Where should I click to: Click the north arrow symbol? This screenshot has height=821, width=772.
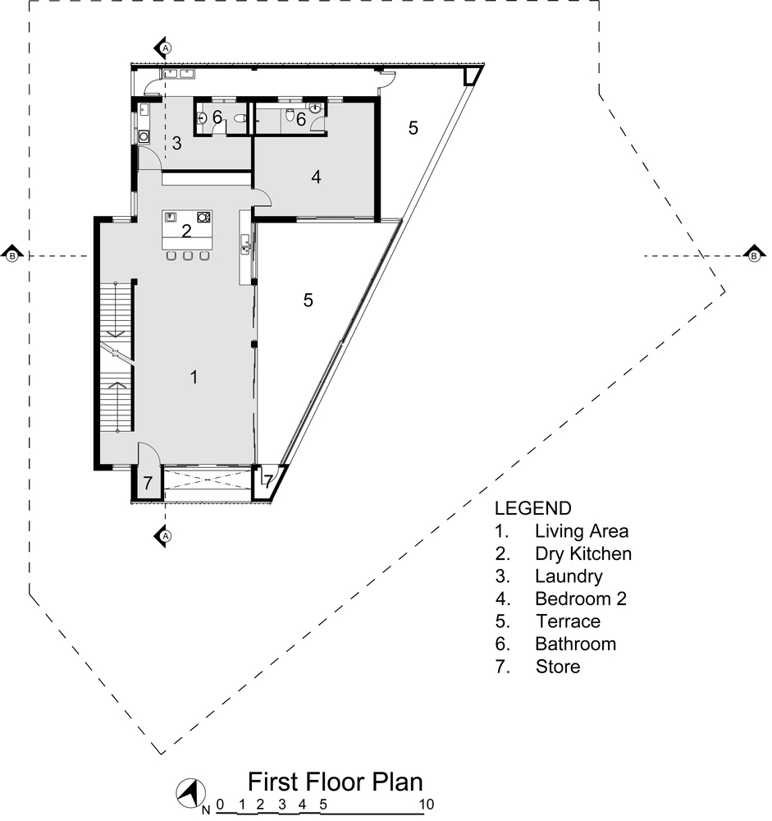pyautogui.click(x=190, y=793)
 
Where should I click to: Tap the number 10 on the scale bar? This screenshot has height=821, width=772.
pyautogui.click(x=425, y=805)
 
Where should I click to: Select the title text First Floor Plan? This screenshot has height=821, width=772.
pyautogui.click(x=336, y=780)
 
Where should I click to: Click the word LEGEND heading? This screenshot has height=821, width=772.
pyautogui.click(x=532, y=507)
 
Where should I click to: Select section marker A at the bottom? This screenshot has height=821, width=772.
pyautogui.click(x=164, y=536)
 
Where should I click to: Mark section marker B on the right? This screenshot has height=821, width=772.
pyautogui.click(x=753, y=256)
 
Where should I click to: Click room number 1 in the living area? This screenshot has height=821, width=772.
pyautogui.click(x=194, y=378)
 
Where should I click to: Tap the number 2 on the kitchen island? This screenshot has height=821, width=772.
pyautogui.click(x=186, y=232)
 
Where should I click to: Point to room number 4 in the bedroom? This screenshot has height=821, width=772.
pyautogui.click(x=316, y=177)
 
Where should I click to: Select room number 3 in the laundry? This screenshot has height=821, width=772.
pyautogui.click(x=176, y=144)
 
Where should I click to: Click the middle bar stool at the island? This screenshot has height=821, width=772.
pyautogui.click(x=188, y=257)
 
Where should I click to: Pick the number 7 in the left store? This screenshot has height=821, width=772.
pyautogui.click(x=148, y=484)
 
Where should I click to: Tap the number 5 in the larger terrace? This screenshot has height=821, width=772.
pyautogui.click(x=308, y=300)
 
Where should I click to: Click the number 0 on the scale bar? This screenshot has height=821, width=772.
pyautogui.click(x=220, y=805)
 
